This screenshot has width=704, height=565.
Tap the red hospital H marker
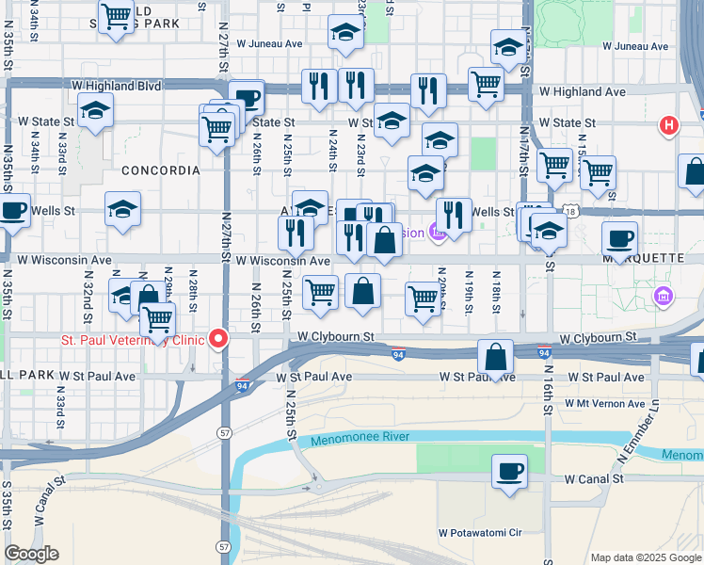click(668, 125)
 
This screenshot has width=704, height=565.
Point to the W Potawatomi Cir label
click(480, 532)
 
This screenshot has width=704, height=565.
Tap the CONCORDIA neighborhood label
click(160, 170)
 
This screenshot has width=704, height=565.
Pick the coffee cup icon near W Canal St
click(509, 472)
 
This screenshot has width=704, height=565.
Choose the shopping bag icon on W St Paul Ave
click(495, 358)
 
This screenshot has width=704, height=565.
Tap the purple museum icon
click(664, 298)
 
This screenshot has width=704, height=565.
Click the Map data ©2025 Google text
click(645, 557)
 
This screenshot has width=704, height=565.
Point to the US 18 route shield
click(570, 213)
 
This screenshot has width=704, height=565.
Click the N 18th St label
click(495, 290)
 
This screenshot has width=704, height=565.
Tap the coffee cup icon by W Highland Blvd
click(247, 97)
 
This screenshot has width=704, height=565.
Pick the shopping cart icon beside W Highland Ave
click(486, 83)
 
